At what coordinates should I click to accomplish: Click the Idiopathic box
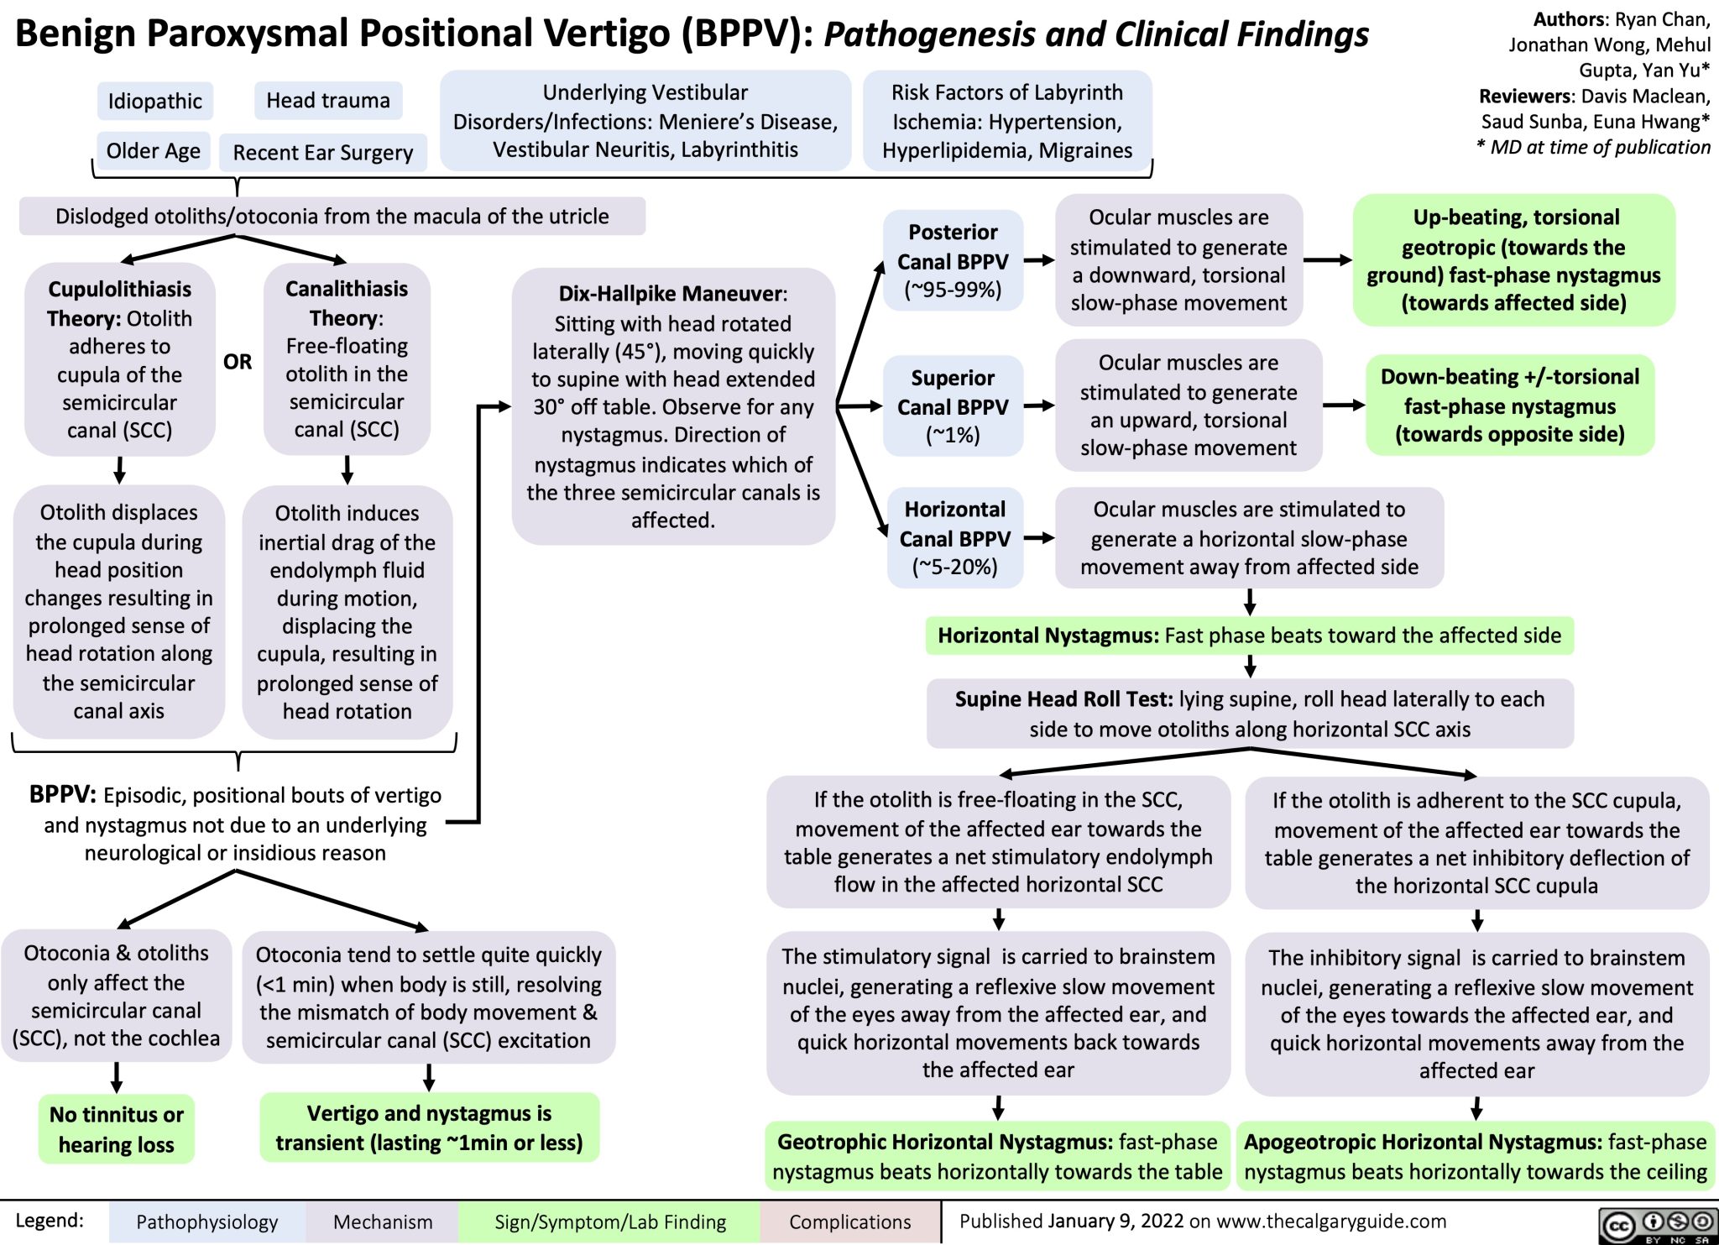[x=154, y=102]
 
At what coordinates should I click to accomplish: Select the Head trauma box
[x=327, y=101]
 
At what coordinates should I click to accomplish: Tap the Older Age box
[x=153, y=151]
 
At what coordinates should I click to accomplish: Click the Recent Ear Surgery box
[x=322, y=153]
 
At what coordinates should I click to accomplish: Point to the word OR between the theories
[x=238, y=362]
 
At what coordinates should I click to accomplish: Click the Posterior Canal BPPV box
[x=953, y=260]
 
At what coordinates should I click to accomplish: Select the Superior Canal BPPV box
[x=953, y=406]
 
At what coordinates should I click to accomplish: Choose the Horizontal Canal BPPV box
[x=954, y=538]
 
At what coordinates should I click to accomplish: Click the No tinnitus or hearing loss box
[x=116, y=1129]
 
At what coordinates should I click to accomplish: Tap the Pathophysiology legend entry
[x=206, y=1221]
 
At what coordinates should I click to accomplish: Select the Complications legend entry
[x=849, y=1221]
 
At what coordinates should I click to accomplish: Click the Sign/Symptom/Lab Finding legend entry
[x=610, y=1221]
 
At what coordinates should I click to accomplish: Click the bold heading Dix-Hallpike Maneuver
[x=671, y=294]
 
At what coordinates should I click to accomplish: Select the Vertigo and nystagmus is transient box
[x=429, y=1127]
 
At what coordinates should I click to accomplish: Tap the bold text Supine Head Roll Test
[x=1063, y=699]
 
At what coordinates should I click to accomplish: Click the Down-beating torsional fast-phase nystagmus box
[x=1509, y=405]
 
